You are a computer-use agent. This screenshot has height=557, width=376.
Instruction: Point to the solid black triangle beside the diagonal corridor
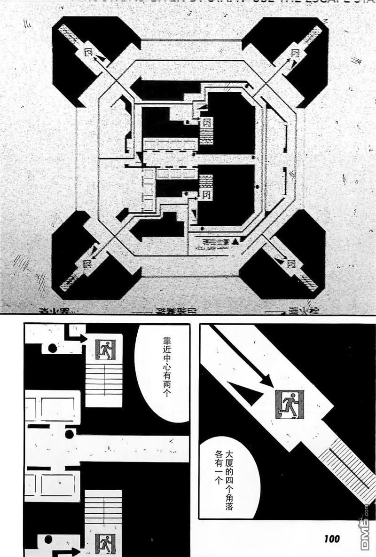(x=245, y=393)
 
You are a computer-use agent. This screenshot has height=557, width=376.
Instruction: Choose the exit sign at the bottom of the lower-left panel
(x=104, y=543)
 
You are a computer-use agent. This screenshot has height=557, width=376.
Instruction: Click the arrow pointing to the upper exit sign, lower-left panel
(x=80, y=337)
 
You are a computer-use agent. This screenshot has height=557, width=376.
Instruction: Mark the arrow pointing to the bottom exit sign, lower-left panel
(x=70, y=551)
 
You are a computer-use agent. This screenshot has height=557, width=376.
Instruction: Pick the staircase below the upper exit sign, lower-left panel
(x=103, y=383)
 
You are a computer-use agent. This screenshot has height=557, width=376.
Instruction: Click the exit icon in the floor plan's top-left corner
(x=88, y=52)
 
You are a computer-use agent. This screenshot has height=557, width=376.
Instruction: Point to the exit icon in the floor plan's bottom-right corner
(x=291, y=263)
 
